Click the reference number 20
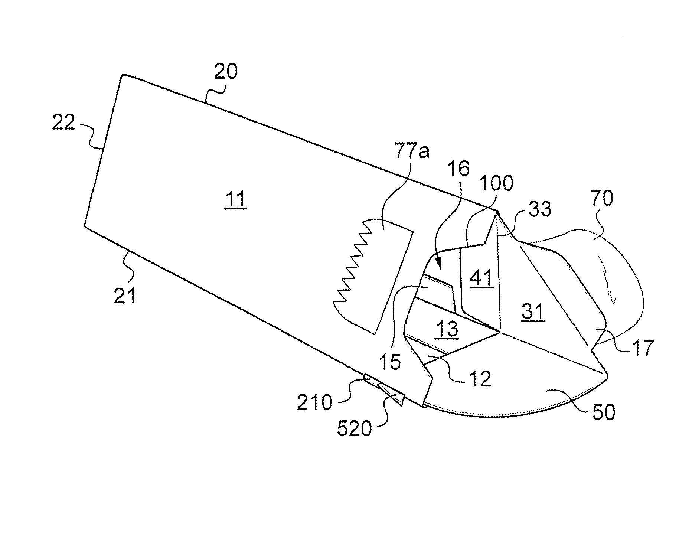[x=225, y=72]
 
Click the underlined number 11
[x=235, y=200]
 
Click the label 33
[x=537, y=210]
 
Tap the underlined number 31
[x=533, y=312]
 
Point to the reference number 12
[x=480, y=379]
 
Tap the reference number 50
[x=603, y=412]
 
